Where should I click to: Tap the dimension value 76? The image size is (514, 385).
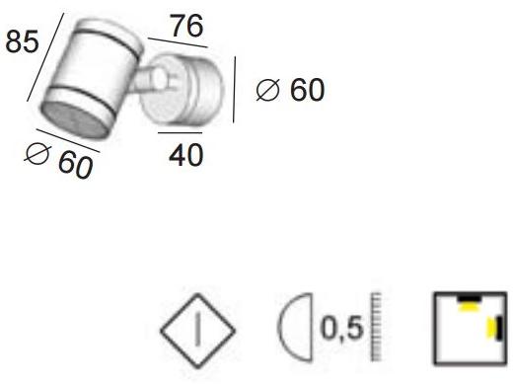point(186,26)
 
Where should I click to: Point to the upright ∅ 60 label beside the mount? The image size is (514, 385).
point(289,91)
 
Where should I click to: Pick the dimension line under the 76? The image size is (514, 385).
point(178,42)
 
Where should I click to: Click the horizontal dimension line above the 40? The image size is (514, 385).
point(180,132)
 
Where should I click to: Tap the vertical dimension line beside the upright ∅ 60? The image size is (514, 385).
point(235,89)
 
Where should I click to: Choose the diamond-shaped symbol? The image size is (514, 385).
point(198,327)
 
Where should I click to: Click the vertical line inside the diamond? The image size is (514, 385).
point(198,327)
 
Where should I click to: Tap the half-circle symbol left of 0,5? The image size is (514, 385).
point(293,327)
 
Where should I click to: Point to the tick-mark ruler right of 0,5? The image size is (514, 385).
point(376,327)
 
